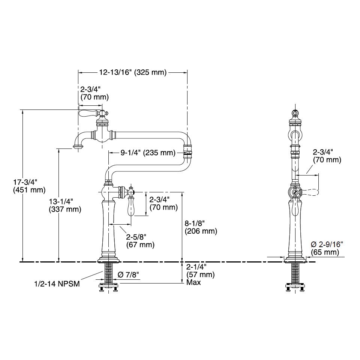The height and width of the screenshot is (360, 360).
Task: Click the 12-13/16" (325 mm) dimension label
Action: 133,72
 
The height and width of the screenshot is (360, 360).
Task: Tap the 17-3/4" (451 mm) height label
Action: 29,186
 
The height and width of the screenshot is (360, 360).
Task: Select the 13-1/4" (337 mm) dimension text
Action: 65,205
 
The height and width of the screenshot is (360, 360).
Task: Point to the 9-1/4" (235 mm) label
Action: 148,153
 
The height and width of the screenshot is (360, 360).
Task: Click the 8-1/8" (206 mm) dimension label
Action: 201,227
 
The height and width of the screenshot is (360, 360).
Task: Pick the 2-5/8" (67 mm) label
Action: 140,241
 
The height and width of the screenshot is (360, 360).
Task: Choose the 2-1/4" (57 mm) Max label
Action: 200,274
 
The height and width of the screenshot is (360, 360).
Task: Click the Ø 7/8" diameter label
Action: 129,274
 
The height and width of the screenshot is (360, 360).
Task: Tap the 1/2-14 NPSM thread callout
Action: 57,284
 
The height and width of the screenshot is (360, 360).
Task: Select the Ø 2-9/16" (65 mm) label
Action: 327,248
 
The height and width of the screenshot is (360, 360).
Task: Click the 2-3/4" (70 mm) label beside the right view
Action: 327,156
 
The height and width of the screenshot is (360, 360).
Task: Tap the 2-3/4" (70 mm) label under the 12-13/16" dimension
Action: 94,93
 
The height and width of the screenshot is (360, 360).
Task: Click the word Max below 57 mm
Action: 193,282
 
